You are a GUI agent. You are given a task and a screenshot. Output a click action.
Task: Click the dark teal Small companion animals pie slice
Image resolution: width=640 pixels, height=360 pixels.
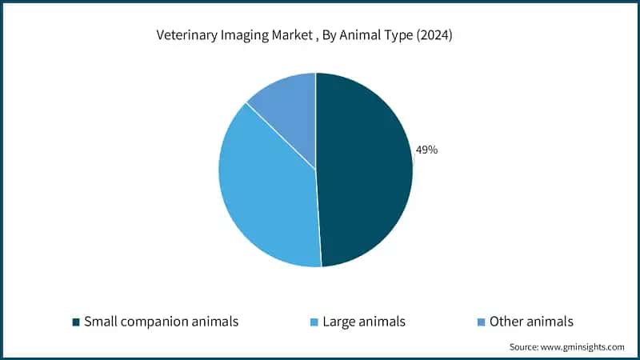point(364,172)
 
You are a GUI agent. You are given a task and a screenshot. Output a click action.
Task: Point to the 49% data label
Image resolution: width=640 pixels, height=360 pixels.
point(426,150)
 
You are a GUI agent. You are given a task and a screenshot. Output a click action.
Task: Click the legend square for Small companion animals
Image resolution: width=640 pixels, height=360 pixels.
point(76,322)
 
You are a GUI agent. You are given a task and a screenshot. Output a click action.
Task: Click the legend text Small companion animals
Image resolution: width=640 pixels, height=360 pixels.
point(161,322)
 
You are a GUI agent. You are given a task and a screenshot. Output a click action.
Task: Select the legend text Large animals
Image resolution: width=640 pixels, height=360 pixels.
point(364,322)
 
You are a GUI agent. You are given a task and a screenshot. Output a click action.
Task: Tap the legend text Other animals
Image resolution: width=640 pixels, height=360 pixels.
point(531,322)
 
